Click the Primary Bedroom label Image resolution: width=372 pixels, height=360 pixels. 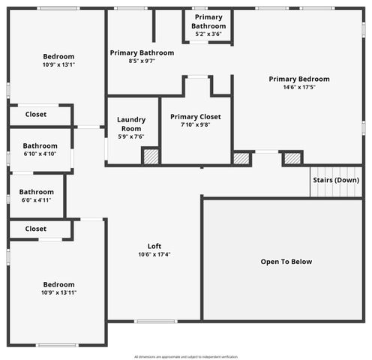coord(299,79)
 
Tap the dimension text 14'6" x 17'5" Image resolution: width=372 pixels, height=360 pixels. coord(299,87)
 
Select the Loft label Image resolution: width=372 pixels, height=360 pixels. coord(154,246)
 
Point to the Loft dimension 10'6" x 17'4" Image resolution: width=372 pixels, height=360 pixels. coord(154,254)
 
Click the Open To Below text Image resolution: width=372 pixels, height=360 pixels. coord(286,262)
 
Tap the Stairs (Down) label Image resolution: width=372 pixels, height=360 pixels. coord(336,180)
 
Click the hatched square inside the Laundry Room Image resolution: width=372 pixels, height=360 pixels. coord(151,157)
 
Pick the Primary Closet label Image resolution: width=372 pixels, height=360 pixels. coord(195,116)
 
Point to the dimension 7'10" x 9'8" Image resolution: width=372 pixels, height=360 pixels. coord(195,124)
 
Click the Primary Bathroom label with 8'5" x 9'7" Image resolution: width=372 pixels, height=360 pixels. coord(142,52)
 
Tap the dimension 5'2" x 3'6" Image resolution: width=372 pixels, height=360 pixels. coord(208,34)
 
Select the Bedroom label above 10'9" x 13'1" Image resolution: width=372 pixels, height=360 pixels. coord(58,56)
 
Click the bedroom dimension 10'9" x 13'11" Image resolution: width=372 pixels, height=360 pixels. coord(58,292)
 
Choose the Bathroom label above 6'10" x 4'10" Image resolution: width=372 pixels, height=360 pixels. coord(40,145)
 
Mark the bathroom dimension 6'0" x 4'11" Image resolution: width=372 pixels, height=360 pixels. coord(36,200)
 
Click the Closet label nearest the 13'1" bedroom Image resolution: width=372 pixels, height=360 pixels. coord(36,115)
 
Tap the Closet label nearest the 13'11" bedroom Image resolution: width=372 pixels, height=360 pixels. coord(36,229)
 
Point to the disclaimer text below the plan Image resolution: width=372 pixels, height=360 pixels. coord(186,357)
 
